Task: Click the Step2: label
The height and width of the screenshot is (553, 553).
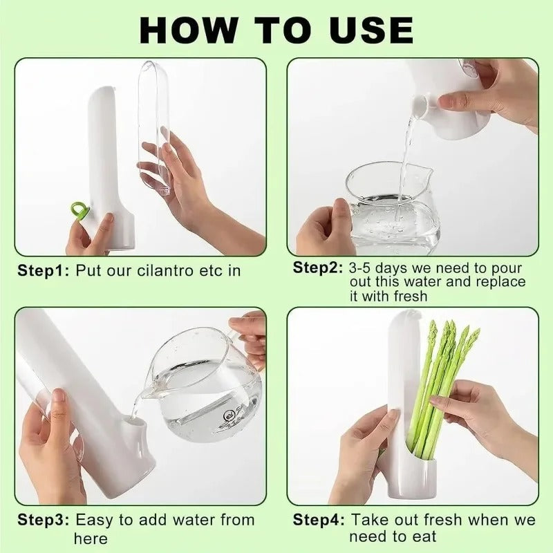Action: [317, 268]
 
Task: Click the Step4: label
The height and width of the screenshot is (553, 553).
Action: [317, 520]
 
